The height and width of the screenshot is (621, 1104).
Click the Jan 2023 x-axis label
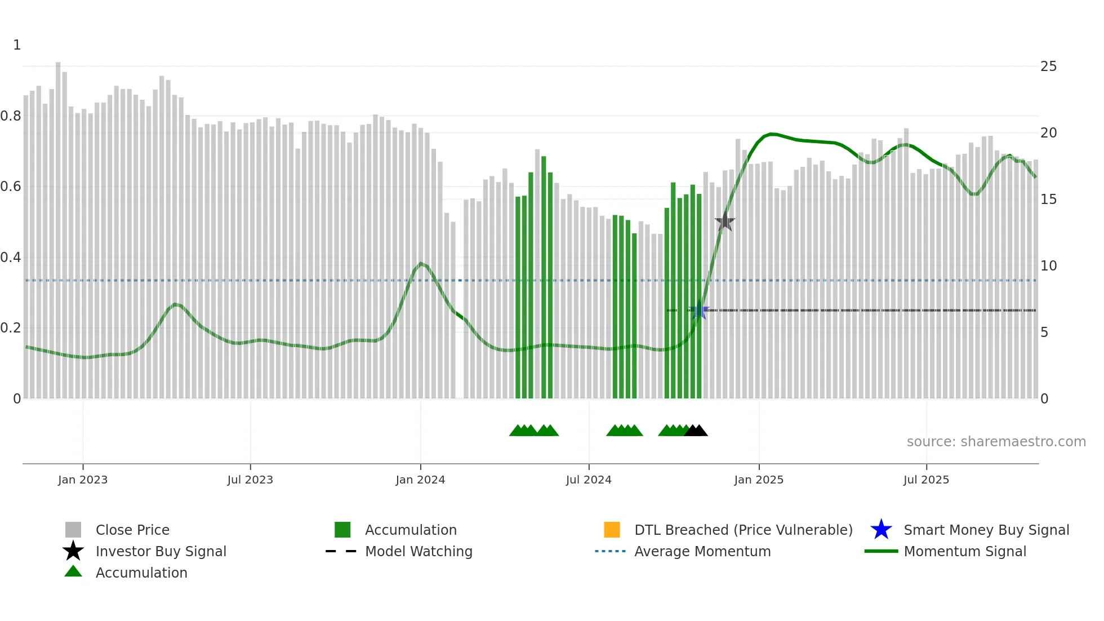tap(83, 480)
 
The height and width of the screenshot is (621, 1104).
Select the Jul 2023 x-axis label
tap(250, 480)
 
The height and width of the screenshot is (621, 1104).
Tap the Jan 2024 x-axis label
tap(420, 480)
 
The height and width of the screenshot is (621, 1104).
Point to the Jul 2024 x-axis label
tap(589, 480)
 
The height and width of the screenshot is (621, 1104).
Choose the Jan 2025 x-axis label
tap(759, 480)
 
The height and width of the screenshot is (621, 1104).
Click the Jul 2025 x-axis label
tap(926, 480)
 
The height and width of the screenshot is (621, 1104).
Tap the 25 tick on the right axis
tap(1048, 66)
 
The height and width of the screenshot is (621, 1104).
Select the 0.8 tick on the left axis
tap(11, 116)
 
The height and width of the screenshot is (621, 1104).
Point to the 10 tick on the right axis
tap(1048, 265)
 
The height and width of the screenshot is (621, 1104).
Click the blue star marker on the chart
tap(699, 310)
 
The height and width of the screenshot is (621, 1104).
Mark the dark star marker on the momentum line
tap(725, 223)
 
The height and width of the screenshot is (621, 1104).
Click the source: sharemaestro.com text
tap(996, 442)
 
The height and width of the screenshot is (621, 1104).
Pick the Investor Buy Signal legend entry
tap(161, 551)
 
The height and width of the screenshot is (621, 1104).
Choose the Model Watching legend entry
tap(418, 551)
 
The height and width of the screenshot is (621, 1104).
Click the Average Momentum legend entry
tap(702, 551)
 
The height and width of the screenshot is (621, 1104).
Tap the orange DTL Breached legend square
tap(612, 530)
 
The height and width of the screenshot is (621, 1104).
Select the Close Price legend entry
tap(132, 530)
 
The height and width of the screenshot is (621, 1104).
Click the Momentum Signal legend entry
tap(964, 551)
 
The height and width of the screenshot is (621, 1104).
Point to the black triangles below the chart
tap(696, 431)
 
